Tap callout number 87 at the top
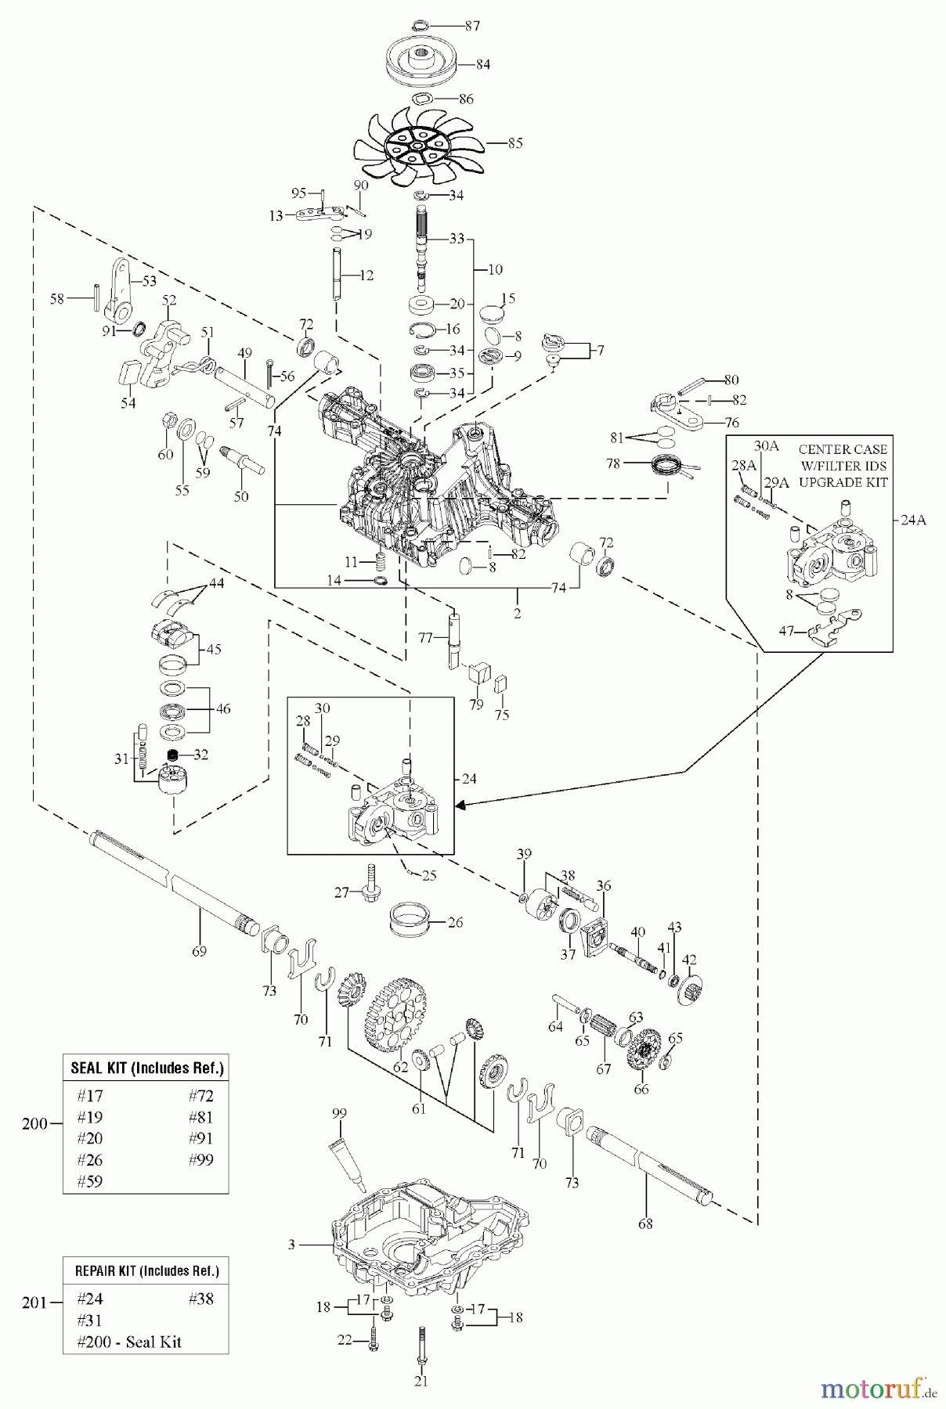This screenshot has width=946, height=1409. (472, 26)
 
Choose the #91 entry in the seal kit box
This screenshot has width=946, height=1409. (200, 1139)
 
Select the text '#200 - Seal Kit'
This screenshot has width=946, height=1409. (129, 1341)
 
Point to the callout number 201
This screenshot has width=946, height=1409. (34, 1303)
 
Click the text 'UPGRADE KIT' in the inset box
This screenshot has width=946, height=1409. (843, 482)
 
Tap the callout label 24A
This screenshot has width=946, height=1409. (913, 519)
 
